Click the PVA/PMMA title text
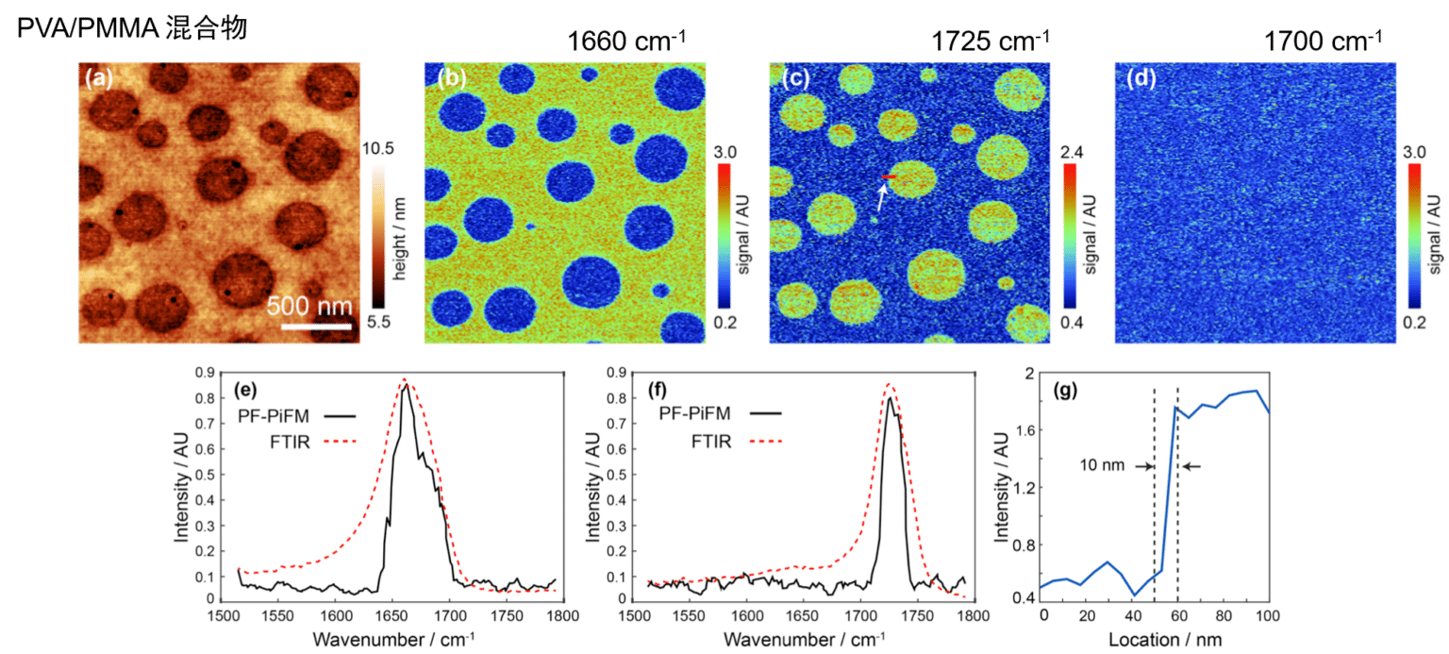pyautogui.click(x=132, y=28)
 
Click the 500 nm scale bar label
pyautogui.click(x=308, y=307)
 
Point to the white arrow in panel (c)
pyautogui.click(x=882, y=194)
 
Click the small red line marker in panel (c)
pyautogui.click(x=889, y=176)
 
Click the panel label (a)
pyautogui.click(x=98, y=79)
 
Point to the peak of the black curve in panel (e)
pyautogui.click(x=406, y=385)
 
